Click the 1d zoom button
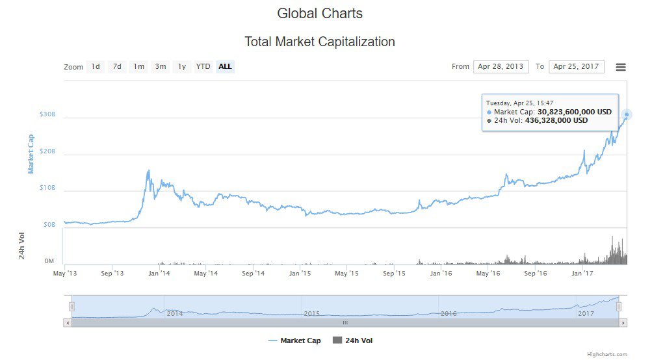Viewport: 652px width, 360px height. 96,66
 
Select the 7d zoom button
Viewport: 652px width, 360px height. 117,66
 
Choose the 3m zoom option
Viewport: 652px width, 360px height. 160,66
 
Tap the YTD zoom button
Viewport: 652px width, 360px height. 203,66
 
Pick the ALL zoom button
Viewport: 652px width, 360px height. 225,66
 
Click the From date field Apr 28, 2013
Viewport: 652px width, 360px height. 501,66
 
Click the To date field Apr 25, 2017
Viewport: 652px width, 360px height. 576,66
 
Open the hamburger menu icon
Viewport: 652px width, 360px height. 621,67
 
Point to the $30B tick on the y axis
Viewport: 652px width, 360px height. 47,114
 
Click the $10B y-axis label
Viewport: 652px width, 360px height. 47,188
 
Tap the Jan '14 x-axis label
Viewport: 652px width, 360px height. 159,274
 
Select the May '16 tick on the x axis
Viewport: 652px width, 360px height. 488,274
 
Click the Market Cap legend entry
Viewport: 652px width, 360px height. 294,341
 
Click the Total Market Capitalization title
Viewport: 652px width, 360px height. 320,42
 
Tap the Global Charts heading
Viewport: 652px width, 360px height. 320,13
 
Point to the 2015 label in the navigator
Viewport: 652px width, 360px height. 312,313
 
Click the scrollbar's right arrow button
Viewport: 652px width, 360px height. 623,322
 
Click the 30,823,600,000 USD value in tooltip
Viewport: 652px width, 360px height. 575,112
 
